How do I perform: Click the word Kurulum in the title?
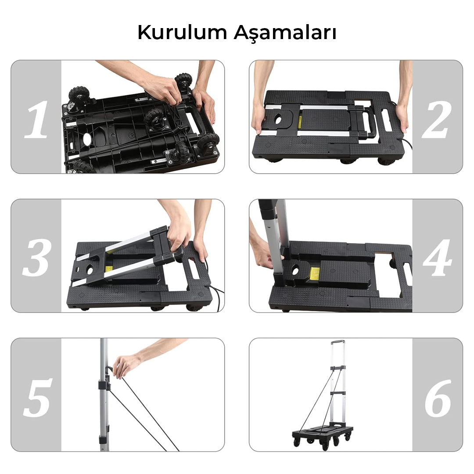[182, 32]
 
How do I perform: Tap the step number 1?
[36, 119]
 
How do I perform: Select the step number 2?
[437, 119]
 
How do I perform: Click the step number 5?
[37, 398]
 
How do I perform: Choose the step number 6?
[438, 398]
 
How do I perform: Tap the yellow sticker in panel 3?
[108, 269]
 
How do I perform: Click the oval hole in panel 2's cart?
[278, 120]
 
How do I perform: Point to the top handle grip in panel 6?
[338, 342]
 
